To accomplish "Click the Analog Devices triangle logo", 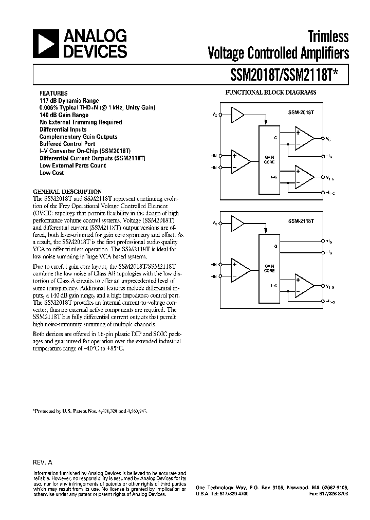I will (x=45, y=44).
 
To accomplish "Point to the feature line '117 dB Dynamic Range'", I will (x=69, y=101).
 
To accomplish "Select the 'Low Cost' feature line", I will (x=51, y=173).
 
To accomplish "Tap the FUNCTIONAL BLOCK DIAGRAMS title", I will (x=271, y=92).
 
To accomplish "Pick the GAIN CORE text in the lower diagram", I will (x=269, y=268).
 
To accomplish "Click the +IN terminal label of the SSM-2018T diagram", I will (x=214, y=156).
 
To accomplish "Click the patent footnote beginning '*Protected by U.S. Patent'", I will (x=90, y=411).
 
